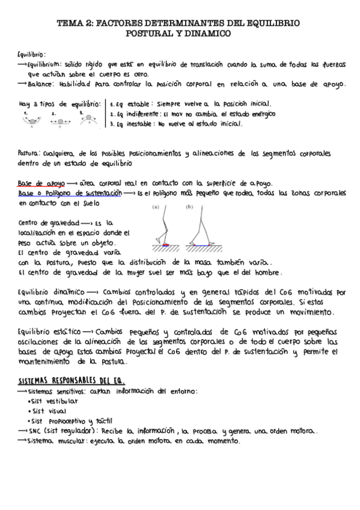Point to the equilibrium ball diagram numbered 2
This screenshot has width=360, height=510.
pos(60,120)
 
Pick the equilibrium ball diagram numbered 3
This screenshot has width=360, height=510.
pos(88,119)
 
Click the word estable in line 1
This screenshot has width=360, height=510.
pos(139,103)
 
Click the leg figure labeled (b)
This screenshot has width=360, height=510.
pos(197,229)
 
